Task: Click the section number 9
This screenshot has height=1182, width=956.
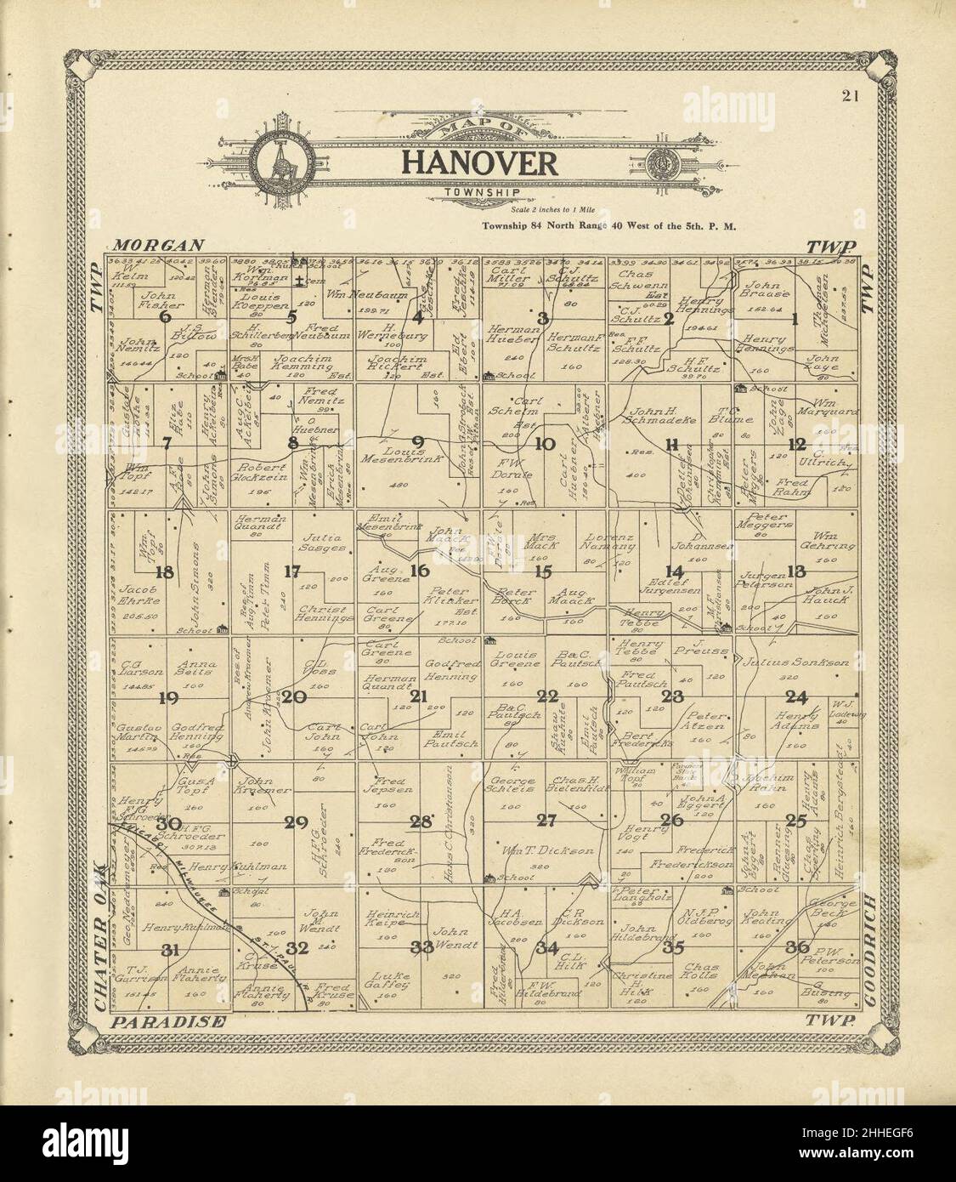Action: tap(418, 440)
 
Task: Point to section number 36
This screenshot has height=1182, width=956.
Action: tap(797, 946)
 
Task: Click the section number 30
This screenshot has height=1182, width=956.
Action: tap(169, 822)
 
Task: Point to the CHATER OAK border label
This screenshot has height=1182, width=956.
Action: tap(101, 935)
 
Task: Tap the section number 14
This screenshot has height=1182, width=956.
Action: tap(674, 571)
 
